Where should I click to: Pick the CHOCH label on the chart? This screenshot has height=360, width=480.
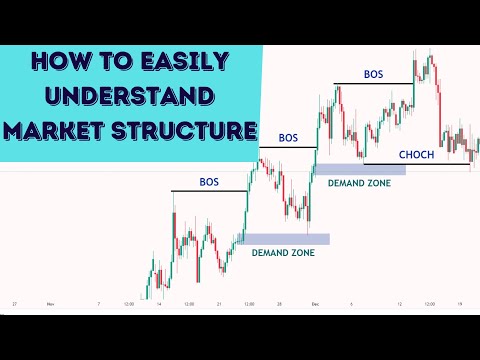tap(417, 155)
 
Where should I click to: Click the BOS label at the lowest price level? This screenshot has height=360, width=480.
tap(209, 183)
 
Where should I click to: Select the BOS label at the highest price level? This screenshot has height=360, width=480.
tap(373, 74)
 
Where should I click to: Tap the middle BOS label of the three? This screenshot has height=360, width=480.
tap(288, 137)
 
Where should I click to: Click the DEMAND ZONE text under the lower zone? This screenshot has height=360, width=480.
tap(283, 253)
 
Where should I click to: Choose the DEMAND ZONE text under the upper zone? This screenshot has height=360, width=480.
tap(362, 184)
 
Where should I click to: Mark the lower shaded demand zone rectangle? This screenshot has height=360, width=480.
tap(284, 238)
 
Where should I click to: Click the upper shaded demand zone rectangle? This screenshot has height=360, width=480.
tap(360, 170)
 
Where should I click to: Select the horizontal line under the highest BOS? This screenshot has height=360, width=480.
tap(373, 83)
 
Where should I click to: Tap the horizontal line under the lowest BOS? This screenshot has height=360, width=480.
tap(209, 191)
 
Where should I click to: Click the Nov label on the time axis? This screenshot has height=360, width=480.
tap(50, 303)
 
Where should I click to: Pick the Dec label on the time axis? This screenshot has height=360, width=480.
tap(313, 303)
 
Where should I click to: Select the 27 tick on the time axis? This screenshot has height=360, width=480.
tap(15, 303)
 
